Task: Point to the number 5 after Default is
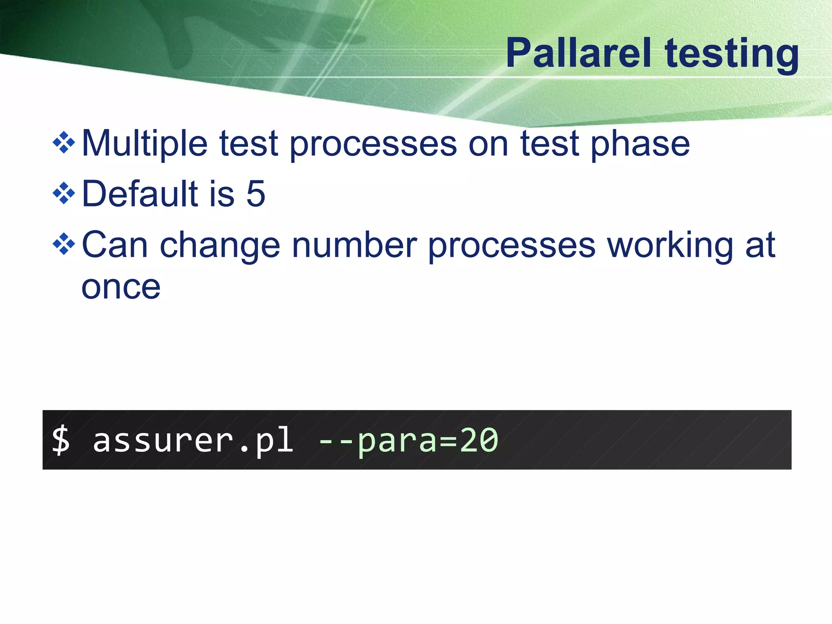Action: [x=256, y=194]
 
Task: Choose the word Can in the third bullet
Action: [x=115, y=245]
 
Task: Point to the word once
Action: [x=121, y=287]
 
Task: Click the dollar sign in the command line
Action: [x=61, y=440]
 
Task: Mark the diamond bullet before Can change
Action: [x=64, y=244]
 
